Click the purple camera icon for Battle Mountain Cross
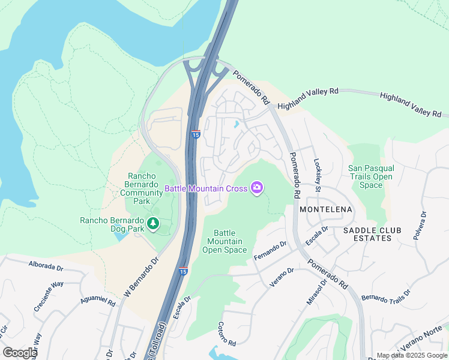point(258,188)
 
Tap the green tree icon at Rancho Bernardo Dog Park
point(154,224)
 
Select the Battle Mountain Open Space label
point(224,241)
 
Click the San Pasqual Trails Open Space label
point(370,176)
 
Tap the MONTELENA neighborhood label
point(326,209)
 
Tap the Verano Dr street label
point(282,277)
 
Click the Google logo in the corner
point(20,353)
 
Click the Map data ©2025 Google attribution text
point(411,355)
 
